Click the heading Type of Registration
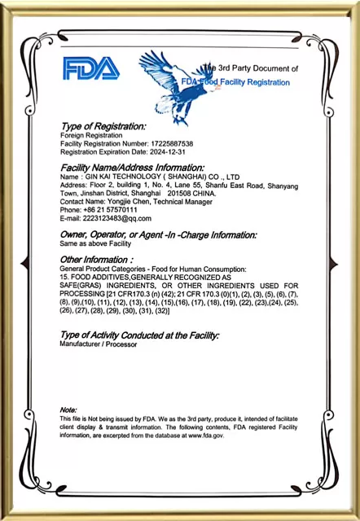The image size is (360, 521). [x=103, y=126]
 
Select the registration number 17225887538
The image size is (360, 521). [x=167, y=143]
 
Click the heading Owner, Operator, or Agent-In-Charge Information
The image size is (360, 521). [x=158, y=234]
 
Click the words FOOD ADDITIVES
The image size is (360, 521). [x=105, y=278]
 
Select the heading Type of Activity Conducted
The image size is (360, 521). [x=139, y=335]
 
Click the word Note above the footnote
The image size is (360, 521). [x=68, y=409]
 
